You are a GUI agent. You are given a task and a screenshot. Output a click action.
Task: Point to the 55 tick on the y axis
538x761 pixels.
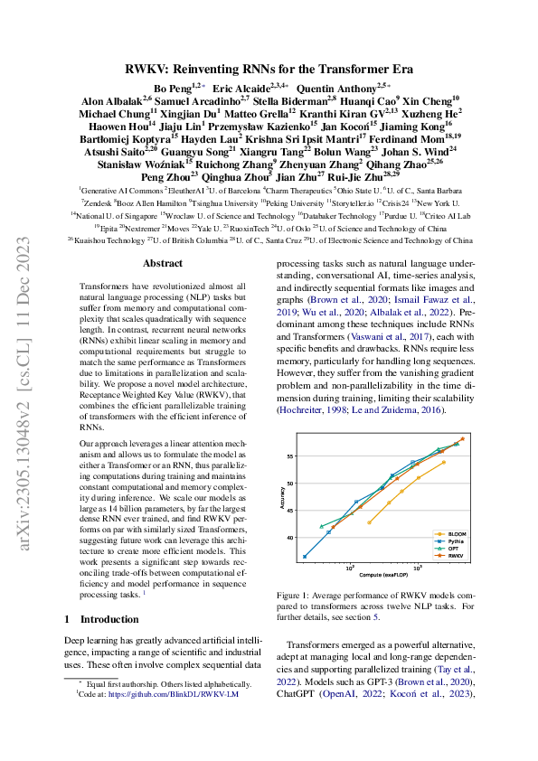292,456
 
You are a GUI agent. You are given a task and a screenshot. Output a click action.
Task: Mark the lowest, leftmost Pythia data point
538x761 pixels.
305,556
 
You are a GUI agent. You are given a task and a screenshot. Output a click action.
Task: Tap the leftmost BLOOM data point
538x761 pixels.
369,521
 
